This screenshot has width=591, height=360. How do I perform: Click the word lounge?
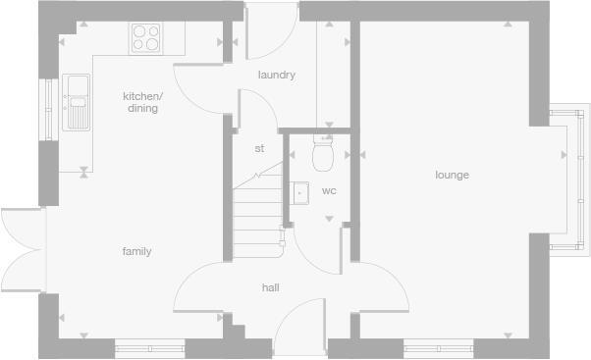pyautogui.click(x=453, y=176)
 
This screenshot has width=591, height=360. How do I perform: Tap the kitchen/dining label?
pyautogui.click(x=142, y=102)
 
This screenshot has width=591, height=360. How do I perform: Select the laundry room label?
pyautogui.click(x=277, y=76)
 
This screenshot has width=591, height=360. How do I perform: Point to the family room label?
pyautogui.click(x=136, y=252)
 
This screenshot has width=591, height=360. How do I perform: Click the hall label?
pyautogui.click(x=270, y=287)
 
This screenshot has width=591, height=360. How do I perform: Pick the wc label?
pyautogui.click(x=329, y=190)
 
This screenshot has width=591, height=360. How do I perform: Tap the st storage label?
pyautogui.click(x=259, y=149)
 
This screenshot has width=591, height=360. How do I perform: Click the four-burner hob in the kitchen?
pyautogui.click(x=145, y=38)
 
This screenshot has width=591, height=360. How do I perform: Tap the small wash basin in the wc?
pyautogui.click(x=300, y=192)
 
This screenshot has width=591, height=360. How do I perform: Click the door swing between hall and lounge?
pyautogui.click(x=378, y=284)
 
